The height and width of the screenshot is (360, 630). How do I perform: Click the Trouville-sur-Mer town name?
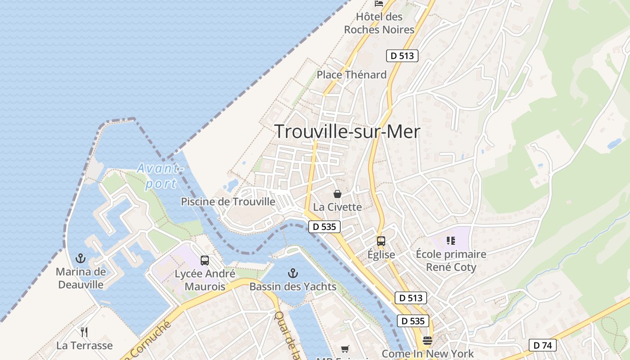(347, 131)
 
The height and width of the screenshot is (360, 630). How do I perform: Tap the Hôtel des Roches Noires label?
(379, 23)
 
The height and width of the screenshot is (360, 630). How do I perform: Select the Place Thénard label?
(351, 75)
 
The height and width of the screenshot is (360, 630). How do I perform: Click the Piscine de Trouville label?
(228, 202)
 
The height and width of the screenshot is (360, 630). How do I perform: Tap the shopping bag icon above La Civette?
(337, 194)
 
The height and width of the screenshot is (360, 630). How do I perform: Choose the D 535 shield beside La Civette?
(324, 227)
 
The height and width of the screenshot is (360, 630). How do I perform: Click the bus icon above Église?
(381, 241)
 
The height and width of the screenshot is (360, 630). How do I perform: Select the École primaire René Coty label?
(451, 261)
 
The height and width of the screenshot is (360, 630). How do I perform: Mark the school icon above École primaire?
(450, 241)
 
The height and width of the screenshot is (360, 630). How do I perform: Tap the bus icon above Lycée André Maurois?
(205, 260)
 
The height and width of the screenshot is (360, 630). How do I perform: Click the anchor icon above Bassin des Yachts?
(293, 273)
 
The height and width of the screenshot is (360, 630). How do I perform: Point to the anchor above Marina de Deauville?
(81, 258)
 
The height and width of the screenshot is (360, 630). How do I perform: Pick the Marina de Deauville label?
(81, 278)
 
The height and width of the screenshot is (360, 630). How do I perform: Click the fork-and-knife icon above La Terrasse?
(84, 332)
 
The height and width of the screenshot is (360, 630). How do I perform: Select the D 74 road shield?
(542, 345)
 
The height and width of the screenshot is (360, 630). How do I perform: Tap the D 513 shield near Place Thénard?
(402, 56)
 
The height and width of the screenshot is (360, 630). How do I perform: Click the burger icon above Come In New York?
(427, 340)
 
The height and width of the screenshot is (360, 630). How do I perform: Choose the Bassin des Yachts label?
(293, 287)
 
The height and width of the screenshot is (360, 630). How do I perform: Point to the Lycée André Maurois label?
(205, 280)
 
